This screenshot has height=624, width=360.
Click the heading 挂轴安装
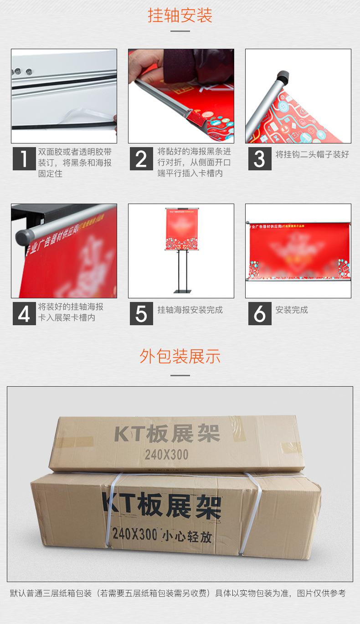pyautogui.click(x=180, y=16)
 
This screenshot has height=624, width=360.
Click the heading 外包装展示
pyautogui.click(x=180, y=356)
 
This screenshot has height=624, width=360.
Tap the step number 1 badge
pyautogui.click(x=24, y=159)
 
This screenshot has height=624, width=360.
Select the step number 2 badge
pyautogui.click(x=141, y=159)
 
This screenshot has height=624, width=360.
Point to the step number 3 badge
pyautogui.click(x=259, y=159)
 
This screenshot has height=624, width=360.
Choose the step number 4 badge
pyautogui.click(x=24, y=313)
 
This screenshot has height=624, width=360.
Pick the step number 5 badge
pyautogui.click(x=141, y=313)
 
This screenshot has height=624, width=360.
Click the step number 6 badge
pyautogui.click(x=259, y=313)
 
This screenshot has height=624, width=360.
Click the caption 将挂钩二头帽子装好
pyautogui.click(x=312, y=154)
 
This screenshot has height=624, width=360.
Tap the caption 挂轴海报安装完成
pyautogui.click(x=190, y=310)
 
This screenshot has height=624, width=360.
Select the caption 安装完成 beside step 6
pyautogui.click(x=292, y=310)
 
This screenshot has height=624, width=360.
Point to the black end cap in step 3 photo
pyautogui.click(x=283, y=76)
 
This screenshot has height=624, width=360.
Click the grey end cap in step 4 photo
pyautogui.click(x=23, y=237)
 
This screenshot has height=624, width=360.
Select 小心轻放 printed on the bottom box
pyautogui.click(x=187, y=536)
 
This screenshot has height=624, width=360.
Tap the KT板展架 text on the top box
pyautogui.click(x=167, y=434)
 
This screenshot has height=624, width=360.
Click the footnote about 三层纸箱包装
pyautogui.click(x=178, y=593)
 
